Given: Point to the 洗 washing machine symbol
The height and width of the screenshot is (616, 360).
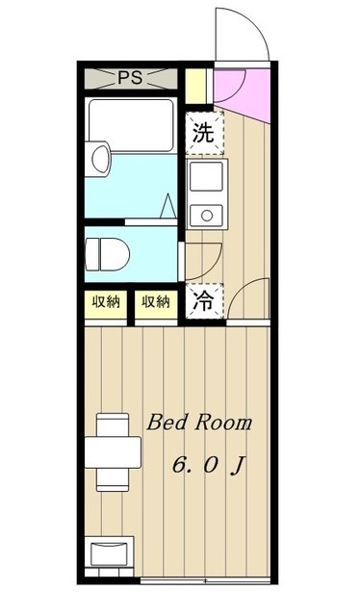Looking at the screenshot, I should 203,133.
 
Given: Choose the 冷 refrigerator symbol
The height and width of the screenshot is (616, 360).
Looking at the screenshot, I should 203,300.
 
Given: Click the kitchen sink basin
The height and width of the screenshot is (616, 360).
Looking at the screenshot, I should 205,176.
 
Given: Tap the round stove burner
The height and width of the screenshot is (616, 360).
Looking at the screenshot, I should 204,212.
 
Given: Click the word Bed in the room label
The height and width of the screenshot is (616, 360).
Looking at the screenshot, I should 166,423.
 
